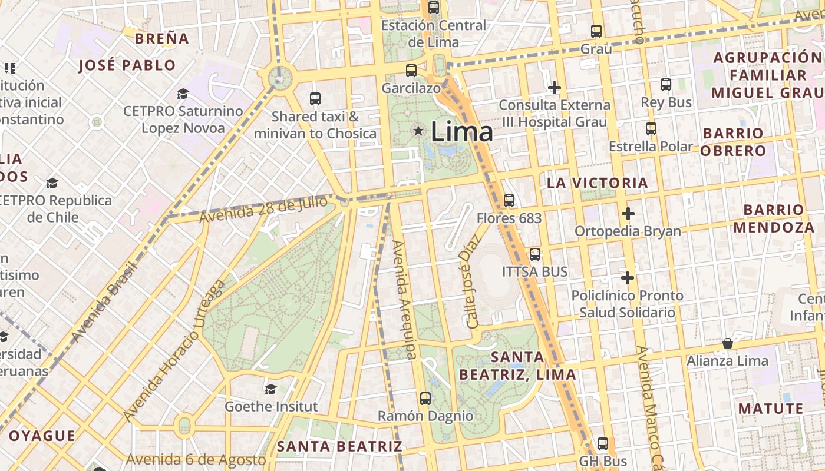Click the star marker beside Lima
pyautogui.click(x=418, y=131)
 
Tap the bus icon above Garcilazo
pyautogui.click(x=411, y=71)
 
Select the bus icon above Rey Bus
pyautogui.click(x=666, y=85)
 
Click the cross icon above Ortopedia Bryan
pyautogui.click(x=628, y=213)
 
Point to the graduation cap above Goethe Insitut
pyautogui.click(x=270, y=389)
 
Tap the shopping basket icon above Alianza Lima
pyautogui.click(x=728, y=343)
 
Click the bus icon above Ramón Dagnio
pyautogui.click(x=425, y=399)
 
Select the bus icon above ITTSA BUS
pyautogui.click(x=535, y=254)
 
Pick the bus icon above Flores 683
pyautogui.click(x=509, y=201)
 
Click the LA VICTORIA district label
pyautogui.click(x=598, y=183)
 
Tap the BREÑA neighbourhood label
pyautogui.click(x=162, y=39)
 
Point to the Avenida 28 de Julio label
pyautogui.click(x=263, y=210)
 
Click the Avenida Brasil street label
pyautogui.click(x=105, y=300)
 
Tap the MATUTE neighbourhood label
pyautogui.click(x=771, y=409)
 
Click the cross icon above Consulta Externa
pyautogui.click(x=554, y=88)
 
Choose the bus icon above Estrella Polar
pyautogui.click(x=651, y=128)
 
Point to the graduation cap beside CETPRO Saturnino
pyautogui.click(x=183, y=94)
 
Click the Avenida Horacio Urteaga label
pyautogui.click(x=174, y=351)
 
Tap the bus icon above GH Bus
pyautogui.click(x=602, y=443)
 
